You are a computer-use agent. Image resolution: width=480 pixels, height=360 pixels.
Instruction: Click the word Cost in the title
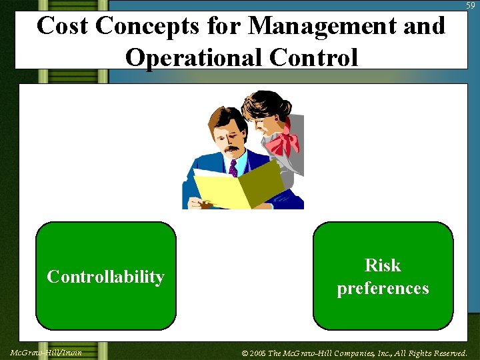(x=63, y=26)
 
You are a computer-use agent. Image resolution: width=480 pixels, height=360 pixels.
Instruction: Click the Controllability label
(x=105, y=277)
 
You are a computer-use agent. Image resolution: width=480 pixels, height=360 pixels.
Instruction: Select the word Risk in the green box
(x=383, y=265)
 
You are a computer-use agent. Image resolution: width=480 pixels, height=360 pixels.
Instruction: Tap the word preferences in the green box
(x=383, y=289)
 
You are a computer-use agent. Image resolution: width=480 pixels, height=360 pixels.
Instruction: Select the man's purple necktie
(x=233, y=167)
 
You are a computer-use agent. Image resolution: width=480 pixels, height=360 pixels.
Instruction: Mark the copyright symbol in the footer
(x=245, y=353)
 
